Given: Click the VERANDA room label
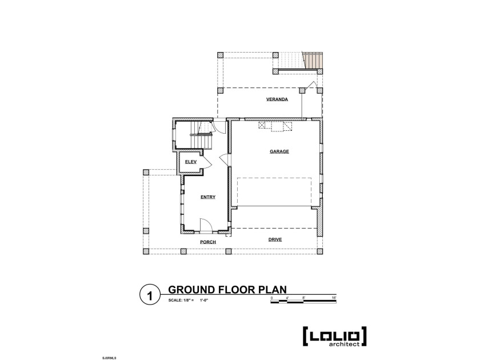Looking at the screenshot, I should coord(276,99).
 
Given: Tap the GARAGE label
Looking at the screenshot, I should coord(279,151).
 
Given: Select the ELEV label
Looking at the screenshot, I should coord(190,162).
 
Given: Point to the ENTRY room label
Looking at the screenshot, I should coord(207,197).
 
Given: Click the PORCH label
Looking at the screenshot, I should coord(207,242).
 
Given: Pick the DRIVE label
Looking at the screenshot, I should coord(275,239).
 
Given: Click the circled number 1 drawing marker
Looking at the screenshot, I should coord(149,295).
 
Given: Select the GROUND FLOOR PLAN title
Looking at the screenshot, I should coord(227,290).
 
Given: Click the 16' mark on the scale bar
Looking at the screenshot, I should coord(334,298).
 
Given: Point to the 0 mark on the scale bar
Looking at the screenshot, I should coord(271,298).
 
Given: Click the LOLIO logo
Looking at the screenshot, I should coord(334,335).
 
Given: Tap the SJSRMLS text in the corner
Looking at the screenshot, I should coord(109,357).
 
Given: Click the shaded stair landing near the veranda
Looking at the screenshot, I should coord(313,61).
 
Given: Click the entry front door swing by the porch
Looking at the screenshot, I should coord(206,226).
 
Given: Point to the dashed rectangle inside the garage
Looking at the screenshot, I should coord(274,191).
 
